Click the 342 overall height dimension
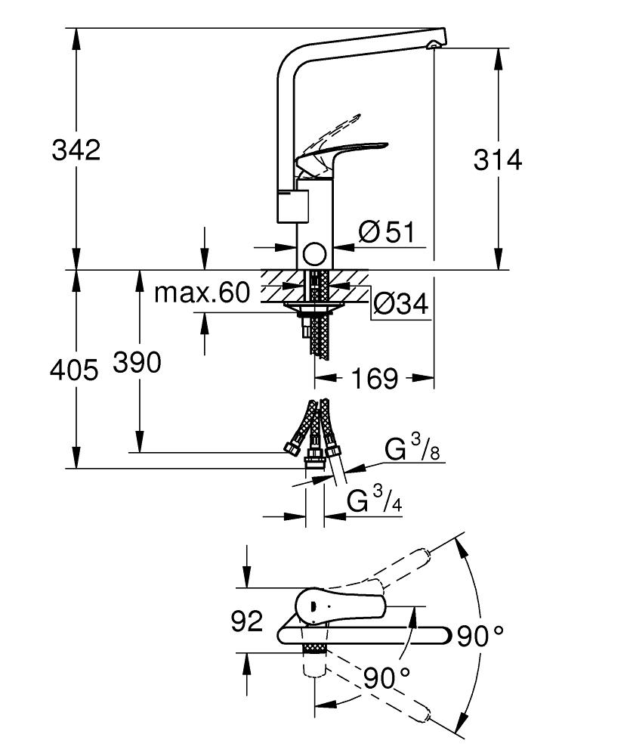tap(76, 150)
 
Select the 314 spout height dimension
tap(498, 160)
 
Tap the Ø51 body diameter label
tap(387, 232)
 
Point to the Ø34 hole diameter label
tap(400, 304)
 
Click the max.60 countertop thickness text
tap(202, 293)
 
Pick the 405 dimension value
tap(74, 370)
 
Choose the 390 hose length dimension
tap(137, 363)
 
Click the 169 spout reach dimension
tap(375, 379)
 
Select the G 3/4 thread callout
tap(375, 498)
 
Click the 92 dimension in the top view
tap(246, 621)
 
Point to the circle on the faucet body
tap(314, 253)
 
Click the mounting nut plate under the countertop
tap(314, 307)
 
